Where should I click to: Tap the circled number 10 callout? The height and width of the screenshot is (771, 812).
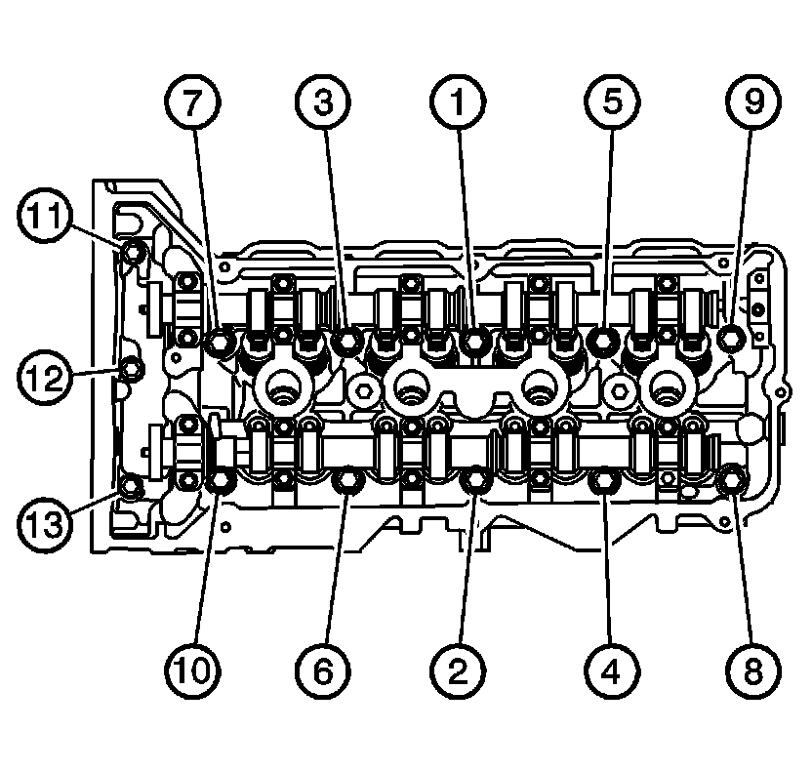(x=192, y=670)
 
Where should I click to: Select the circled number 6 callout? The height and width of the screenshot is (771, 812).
(x=323, y=670)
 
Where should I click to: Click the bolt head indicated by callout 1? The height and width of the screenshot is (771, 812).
(x=474, y=340)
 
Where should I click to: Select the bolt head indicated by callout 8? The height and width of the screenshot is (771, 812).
(x=731, y=480)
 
